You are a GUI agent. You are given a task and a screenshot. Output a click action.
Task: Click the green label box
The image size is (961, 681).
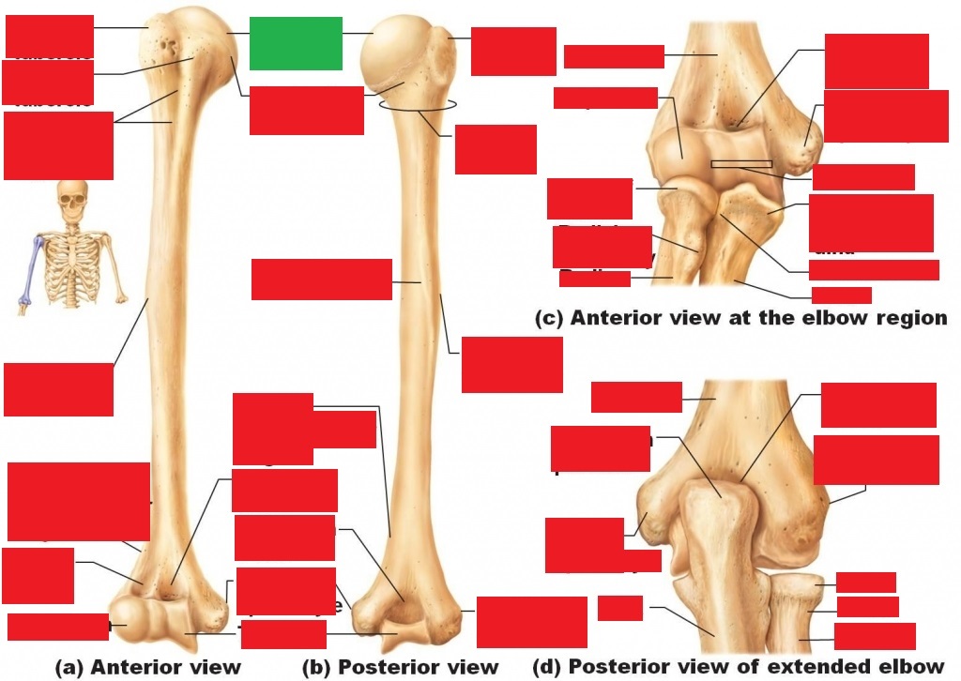point(296,43)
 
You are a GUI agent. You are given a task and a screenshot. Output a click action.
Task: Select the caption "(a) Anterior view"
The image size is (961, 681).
point(148,667)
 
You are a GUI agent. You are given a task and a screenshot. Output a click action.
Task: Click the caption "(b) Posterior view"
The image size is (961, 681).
point(400,667)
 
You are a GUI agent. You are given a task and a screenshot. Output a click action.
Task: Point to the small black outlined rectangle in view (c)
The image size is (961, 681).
point(741,164)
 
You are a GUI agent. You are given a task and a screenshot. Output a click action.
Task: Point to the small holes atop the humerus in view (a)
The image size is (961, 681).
point(168,44)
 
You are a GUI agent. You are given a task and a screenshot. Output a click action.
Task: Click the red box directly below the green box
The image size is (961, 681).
point(306,110)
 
